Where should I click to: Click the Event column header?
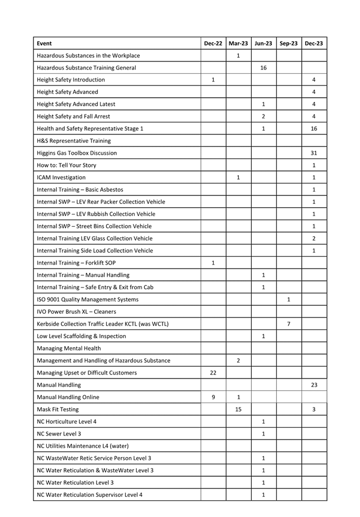44,43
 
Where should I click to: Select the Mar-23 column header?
238,43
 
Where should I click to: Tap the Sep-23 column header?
288,43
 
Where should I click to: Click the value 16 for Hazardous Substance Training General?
263,68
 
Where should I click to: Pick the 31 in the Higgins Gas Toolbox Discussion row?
314,153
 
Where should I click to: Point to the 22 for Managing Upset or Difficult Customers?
213,373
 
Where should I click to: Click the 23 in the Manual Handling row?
314,385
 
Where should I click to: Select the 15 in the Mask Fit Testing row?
238,410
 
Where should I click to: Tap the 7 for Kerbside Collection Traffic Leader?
288,324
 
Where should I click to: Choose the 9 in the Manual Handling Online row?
213,398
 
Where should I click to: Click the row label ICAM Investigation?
61,178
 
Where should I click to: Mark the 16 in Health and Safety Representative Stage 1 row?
314,128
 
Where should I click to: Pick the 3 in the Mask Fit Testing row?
314,410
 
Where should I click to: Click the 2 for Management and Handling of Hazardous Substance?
238,361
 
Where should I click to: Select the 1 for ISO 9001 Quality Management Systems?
288,300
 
